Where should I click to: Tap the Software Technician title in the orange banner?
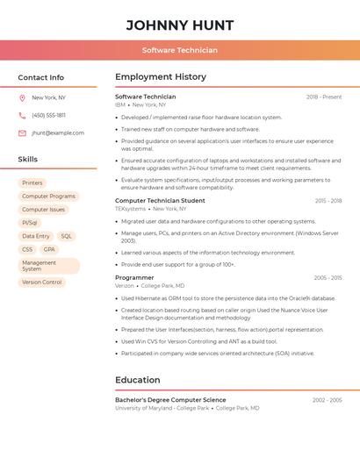(179, 51)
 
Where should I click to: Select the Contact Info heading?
(40, 77)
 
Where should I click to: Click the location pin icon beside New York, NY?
(22, 97)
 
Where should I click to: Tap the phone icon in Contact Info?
(22, 115)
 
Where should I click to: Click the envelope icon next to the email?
(22, 133)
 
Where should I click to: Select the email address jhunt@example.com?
(58, 133)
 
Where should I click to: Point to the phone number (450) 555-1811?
(48, 115)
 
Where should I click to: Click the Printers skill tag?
(32, 182)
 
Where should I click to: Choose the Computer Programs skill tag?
(48, 197)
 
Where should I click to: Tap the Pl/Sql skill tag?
(30, 223)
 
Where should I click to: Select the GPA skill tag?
(49, 249)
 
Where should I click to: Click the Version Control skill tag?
(41, 283)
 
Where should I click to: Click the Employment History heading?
(161, 77)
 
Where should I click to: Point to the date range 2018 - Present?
(324, 97)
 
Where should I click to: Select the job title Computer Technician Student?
(160, 201)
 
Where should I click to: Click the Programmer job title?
(134, 277)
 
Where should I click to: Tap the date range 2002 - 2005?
(328, 400)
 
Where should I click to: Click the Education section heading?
(138, 380)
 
